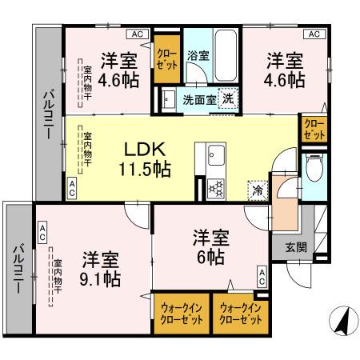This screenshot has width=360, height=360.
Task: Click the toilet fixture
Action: pos(315,170)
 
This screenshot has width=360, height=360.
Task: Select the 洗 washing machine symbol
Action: pos(227,98)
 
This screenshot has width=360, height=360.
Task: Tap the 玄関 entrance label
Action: pos(295,247)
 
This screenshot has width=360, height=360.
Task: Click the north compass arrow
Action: pos(342,322)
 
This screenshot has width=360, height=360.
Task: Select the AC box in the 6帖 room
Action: pos(262,276)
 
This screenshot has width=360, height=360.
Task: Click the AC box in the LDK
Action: pos(72,189)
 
